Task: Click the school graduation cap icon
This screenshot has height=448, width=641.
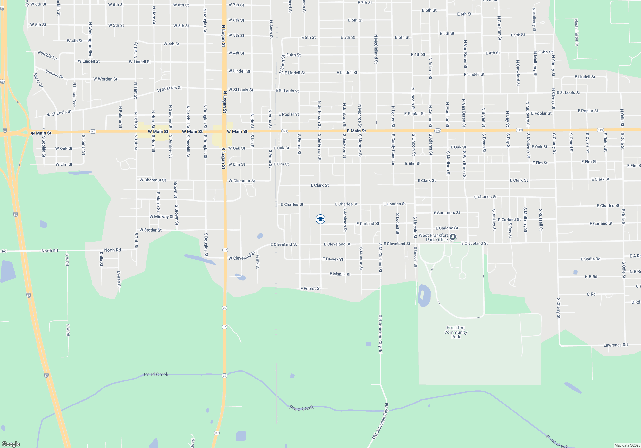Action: [x=320, y=219]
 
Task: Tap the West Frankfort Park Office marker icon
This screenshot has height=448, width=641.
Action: [x=453, y=237]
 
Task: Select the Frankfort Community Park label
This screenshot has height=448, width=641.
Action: [x=455, y=332]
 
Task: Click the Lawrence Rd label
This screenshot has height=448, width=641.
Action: [x=615, y=345]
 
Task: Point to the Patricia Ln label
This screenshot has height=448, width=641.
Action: [x=47, y=55]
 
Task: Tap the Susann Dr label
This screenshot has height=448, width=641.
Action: [x=54, y=74]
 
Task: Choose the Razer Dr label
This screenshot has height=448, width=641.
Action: [x=38, y=80]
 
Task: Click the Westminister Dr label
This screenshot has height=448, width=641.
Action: [x=576, y=32]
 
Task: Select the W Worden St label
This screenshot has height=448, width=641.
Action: [x=105, y=79]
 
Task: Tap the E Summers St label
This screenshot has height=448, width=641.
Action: [x=447, y=213]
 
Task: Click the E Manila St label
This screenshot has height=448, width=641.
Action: [x=340, y=274]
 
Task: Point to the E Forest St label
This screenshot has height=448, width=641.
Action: [x=310, y=289]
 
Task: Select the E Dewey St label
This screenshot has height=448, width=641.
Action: [x=333, y=259]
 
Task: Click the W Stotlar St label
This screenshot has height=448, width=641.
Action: [x=150, y=230]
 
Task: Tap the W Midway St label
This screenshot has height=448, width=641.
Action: [x=162, y=217]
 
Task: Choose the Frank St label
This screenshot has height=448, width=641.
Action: [x=258, y=262]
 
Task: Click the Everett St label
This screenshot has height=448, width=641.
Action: [x=119, y=279]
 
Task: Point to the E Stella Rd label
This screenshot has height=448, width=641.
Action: [x=590, y=259]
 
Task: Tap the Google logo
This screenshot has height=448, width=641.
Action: [x=11, y=444]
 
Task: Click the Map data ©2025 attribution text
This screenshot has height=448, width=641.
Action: [x=627, y=445]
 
